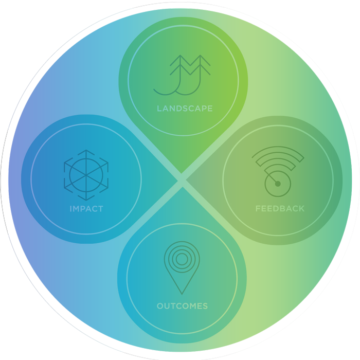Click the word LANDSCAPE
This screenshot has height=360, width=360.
pos(185,109)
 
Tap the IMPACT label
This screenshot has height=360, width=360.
pos(86,209)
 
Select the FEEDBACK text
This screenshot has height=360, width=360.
pos(280,208)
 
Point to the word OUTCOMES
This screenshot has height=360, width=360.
pos(182,306)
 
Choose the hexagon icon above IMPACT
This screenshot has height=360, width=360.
pos(86,175)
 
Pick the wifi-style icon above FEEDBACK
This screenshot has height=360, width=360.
pos(278,171)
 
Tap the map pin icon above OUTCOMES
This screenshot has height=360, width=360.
pos(182,268)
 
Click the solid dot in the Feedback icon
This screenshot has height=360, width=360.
pos(278,184)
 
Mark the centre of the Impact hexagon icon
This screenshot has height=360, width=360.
pos(86,175)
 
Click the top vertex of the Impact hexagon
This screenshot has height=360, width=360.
pos(86,150)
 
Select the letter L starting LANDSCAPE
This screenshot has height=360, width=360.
pos(159,109)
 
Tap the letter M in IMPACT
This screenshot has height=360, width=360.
pos(77,209)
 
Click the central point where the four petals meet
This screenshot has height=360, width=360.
pos(182,180)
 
